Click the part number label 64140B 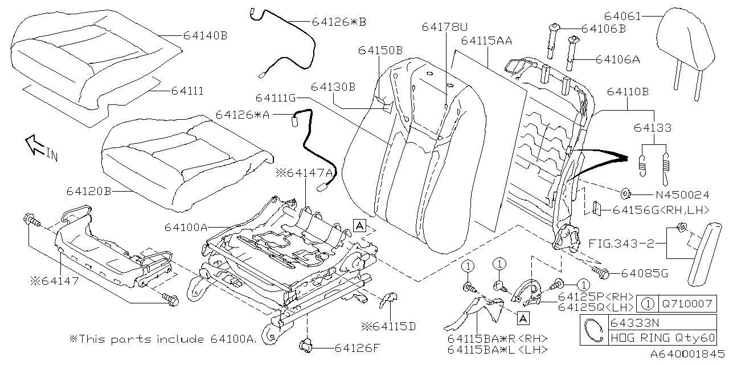205,35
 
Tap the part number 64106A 619,59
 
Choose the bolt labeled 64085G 601,273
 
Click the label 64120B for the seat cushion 89,191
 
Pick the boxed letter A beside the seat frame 359,225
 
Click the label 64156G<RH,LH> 661,210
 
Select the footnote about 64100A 162,339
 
